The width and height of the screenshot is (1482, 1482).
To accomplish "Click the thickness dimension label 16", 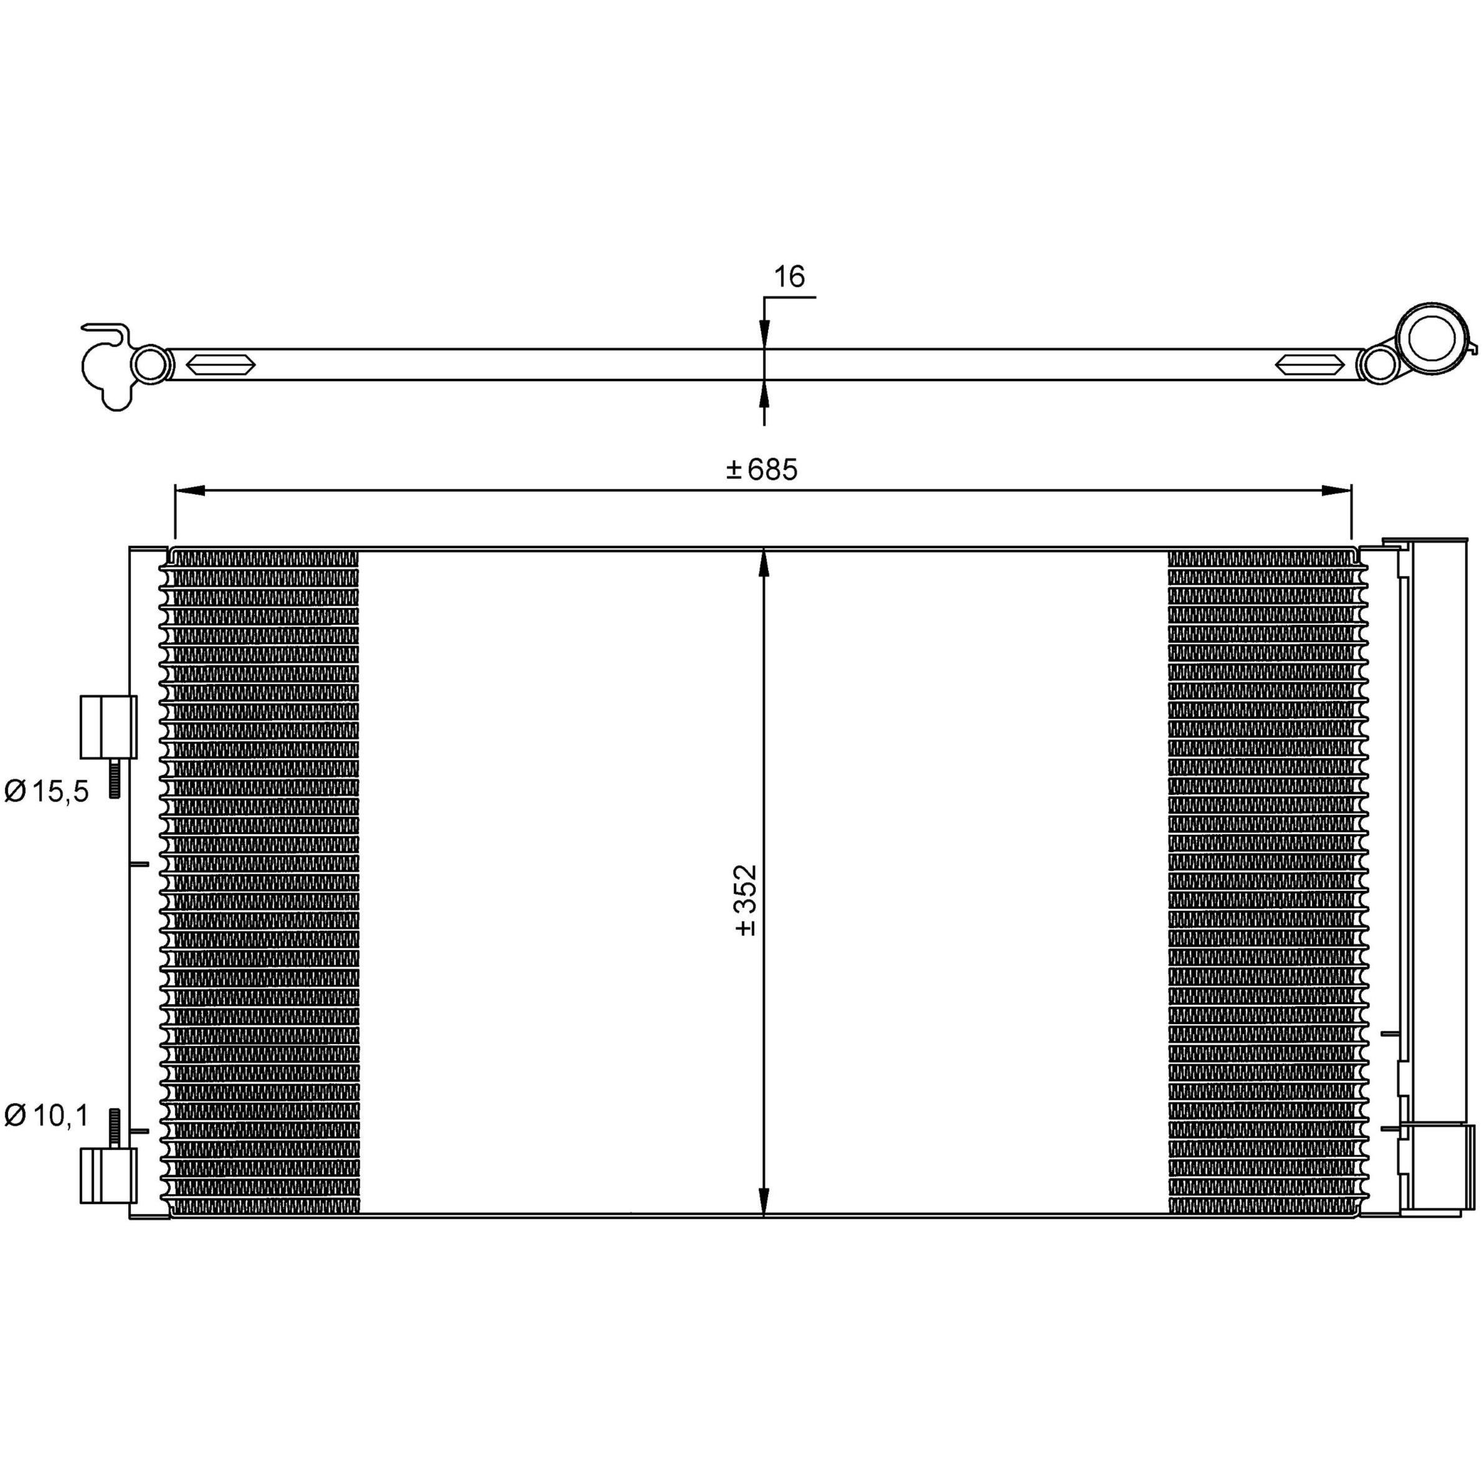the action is pyautogui.click(x=789, y=276).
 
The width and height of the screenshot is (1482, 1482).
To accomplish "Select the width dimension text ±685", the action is pyautogui.click(x=762, y=470).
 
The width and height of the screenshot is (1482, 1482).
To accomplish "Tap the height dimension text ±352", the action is pyautogui.click(x=746, y=901).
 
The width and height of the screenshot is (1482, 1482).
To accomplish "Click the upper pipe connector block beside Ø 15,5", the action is pyautogui.click(x=108, y=726).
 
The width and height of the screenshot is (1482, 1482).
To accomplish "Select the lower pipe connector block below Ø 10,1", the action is pyautogui.click(x=108, y=1176).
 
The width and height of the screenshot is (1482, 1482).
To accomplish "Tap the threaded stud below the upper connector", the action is pyautogui.click(x=115, y=778).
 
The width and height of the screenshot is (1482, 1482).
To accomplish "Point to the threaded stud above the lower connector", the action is pyautogui.click(x=115, y=1128).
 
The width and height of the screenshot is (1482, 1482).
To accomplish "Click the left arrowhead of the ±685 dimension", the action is pyautogui.click(x=189, y=491).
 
